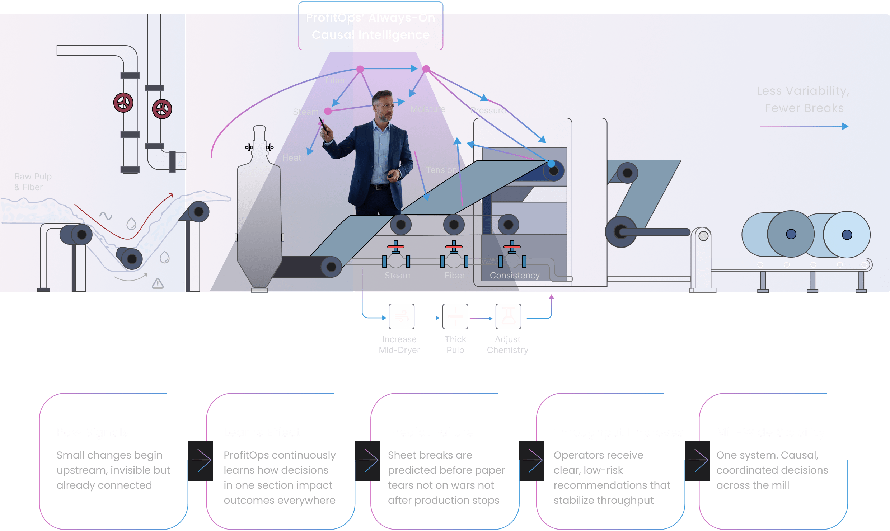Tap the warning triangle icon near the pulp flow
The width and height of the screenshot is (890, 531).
coord(158,284)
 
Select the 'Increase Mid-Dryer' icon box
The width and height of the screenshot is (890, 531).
coord(402,316)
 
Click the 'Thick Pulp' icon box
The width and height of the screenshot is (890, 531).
coord(455,316)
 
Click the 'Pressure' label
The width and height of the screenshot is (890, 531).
coord(488,111)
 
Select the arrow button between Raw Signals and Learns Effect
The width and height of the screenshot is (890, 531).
coord(201,461)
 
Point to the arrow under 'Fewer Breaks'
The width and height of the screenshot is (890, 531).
coord(804,126)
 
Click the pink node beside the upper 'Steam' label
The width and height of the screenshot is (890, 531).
coord(328,111)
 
